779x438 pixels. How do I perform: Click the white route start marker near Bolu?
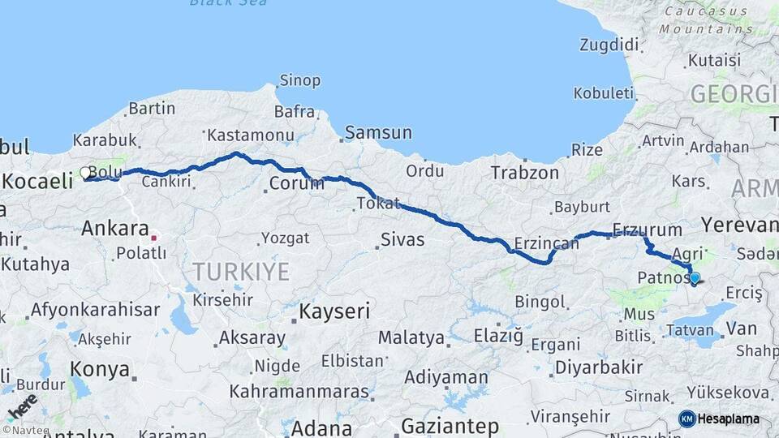pyautogui.click(x=85, y=172)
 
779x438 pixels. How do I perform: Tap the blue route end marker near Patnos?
pyautogui.click(x=695, y=278)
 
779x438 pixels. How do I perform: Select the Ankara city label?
pyautogui.click(x=114, y=229)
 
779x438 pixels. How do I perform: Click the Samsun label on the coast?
pyautogui.click(x=378, y=132)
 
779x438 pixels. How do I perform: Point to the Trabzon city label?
pyautogui.click(x=524, y=172)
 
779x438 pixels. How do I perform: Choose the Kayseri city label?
pyautogui.click(x=335, y=311)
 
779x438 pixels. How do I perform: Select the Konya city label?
pyautogui.click(x=99, y=369)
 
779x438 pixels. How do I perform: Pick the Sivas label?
pyautogui.click(x=403, y=239)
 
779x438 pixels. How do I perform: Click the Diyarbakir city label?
pyautogui.click(x=599, y=367)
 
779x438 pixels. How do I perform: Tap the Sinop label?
pyautogui.click(x=299, y=80)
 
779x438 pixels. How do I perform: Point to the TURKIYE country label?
pyautogui.click(x=240, y=271)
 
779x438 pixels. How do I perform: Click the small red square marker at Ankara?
pyautogui.click(x=153, y=238)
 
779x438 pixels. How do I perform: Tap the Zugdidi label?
pyautogui.click(x=610, y=44)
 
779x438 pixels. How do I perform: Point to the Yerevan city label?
pyautogui.click(x=739, y=224)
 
